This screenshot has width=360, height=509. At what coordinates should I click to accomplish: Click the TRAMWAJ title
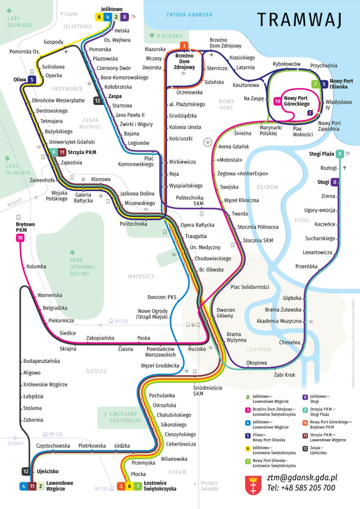[299, 20]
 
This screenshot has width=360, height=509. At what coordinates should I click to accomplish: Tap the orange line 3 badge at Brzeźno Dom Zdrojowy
[184, 45]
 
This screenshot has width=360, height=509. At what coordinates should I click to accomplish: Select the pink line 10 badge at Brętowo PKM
[20, 238]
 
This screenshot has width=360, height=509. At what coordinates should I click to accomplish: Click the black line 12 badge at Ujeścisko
[26, 471]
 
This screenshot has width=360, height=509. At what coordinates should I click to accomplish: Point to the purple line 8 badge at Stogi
[335, 182]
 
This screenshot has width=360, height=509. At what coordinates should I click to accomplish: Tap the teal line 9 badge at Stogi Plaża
[339, 154]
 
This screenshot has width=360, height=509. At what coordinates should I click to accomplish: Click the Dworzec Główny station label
[226, 313]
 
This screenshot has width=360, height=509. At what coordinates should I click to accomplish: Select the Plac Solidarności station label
[250, 287]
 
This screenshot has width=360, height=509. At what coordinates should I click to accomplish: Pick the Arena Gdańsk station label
[233, 147]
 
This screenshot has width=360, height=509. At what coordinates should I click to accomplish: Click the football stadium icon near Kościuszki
[207, 142]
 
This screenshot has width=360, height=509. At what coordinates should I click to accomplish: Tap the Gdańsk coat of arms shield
[253, 485]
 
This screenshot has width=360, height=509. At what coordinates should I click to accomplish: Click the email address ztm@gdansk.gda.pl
[302, 477]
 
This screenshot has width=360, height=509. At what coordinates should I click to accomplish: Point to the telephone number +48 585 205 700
[301, 488]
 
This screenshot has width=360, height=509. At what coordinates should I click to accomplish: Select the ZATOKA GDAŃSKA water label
[189, 15]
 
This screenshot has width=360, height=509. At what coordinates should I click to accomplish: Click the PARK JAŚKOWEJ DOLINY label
[80, 267]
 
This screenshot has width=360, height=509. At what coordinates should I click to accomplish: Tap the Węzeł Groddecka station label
[160, 366]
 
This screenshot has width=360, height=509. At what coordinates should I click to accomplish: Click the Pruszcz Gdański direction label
[209, 486]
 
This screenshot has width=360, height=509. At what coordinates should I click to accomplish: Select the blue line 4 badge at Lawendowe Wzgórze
[23, 486]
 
